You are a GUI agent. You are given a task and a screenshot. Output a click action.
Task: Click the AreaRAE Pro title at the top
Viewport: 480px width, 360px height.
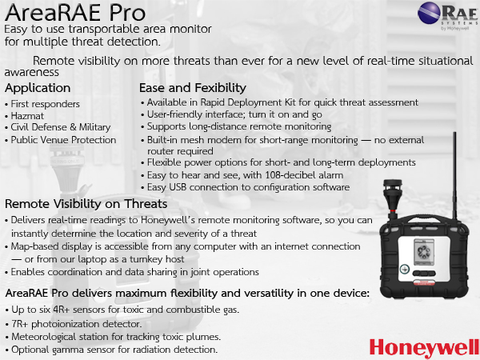click(75, 12)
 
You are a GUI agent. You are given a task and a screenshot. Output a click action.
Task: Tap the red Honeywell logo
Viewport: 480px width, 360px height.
click(424, 348)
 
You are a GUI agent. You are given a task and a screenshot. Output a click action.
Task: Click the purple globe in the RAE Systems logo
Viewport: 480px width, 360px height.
click(429, 13)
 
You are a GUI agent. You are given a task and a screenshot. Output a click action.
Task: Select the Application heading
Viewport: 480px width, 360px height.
click(38, 88)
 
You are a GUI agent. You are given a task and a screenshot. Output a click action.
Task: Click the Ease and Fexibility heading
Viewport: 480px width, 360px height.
click(193, 88)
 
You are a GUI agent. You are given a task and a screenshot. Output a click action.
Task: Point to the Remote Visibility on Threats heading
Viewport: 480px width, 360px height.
click(86, 204)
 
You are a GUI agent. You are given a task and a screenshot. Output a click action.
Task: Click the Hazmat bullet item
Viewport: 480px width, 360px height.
click(27, 116)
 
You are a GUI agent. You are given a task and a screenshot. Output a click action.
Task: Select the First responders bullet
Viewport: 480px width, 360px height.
click(46, 104)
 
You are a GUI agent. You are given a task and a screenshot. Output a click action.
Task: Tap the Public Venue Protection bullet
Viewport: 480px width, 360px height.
click(63, 140)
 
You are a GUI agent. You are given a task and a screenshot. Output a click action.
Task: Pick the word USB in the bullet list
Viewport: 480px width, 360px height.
click(178, 187)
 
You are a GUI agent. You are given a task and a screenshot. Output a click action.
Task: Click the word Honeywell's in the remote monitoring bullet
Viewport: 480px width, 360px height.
click(168, 221)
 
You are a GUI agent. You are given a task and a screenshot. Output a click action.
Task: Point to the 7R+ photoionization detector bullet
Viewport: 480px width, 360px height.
click(77, 324)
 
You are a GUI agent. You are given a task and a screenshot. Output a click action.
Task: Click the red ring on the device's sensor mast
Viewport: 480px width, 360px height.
click(392, 211)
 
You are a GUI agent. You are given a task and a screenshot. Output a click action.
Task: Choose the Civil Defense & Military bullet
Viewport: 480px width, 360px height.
click(61, 127)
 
